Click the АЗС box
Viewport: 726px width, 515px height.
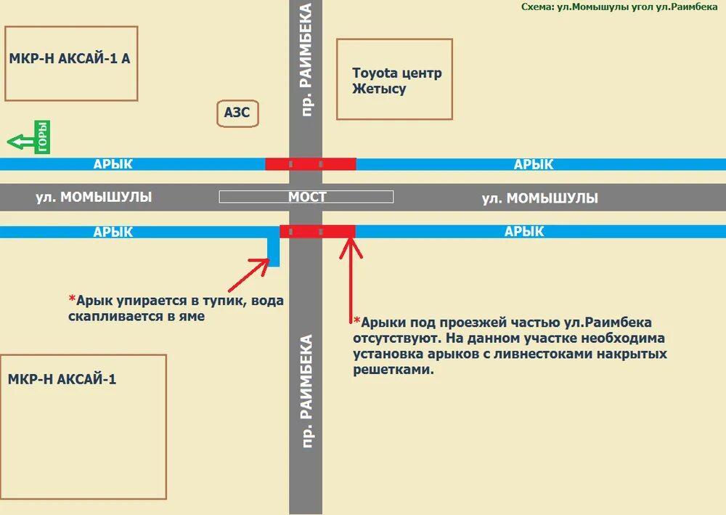pos(237,113)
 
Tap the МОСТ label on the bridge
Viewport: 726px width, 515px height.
pos(307,197)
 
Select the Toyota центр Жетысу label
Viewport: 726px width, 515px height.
pos(396,81)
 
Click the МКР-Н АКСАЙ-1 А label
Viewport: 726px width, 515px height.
pos(70,59)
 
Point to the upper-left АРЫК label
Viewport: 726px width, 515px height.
pos(113,164)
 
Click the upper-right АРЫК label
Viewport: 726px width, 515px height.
pos(534,164)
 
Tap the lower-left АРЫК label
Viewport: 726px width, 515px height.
pos(113,232)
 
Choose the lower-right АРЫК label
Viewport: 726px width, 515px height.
pos(524,232)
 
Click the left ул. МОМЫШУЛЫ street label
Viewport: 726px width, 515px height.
pos(94,197)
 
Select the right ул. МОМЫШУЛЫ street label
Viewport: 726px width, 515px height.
pos(540,198)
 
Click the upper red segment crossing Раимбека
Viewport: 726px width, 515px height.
pos(310,164)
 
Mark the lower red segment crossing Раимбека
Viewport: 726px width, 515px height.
pos(317,232)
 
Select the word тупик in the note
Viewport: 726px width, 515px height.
pos(206,299)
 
